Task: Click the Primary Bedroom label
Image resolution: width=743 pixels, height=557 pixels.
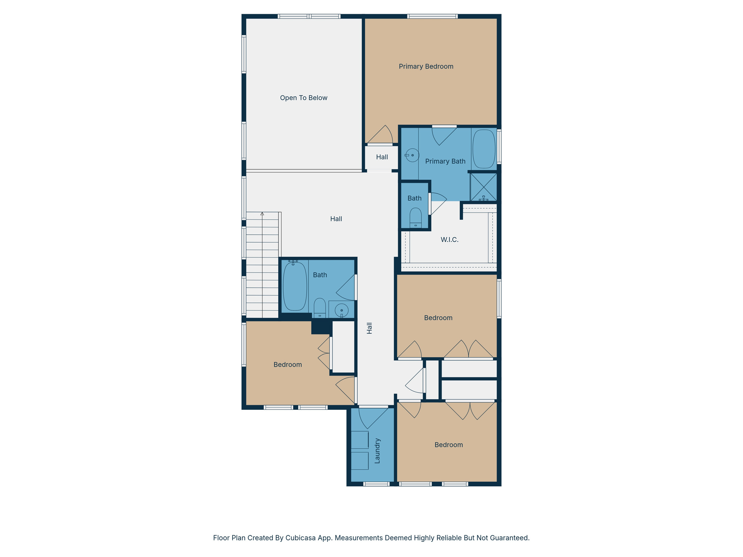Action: click(426, 66)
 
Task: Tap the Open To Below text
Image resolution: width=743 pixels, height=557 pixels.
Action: click(304, 98)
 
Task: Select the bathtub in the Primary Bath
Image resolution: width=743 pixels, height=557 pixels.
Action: click(484, 149)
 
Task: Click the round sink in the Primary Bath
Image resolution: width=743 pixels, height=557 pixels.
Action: click(412, 155)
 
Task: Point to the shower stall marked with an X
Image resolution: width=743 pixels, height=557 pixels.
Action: click(484, 187)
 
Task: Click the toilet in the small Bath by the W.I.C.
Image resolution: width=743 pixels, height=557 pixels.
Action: click(415, 218)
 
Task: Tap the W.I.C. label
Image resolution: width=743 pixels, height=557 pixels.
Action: click(450, 240)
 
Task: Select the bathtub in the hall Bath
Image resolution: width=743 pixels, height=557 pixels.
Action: click(295, 286)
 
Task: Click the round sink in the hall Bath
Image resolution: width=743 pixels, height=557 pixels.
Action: click(341, 310)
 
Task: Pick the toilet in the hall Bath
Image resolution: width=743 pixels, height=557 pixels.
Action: click(320, 307)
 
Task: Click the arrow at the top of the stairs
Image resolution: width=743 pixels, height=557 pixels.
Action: click(262, 214)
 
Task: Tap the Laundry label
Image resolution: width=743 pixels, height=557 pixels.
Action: click(377, 451)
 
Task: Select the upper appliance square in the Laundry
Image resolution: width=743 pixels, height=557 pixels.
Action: click(360, 440)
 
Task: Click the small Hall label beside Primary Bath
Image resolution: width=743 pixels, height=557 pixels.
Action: click(382, 157)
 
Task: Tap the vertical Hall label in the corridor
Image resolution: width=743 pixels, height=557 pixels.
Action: click(369, 328)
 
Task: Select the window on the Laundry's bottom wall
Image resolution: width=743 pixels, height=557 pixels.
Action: click(376, 484)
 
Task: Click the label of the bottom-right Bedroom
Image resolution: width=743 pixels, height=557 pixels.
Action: click(448, 445)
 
